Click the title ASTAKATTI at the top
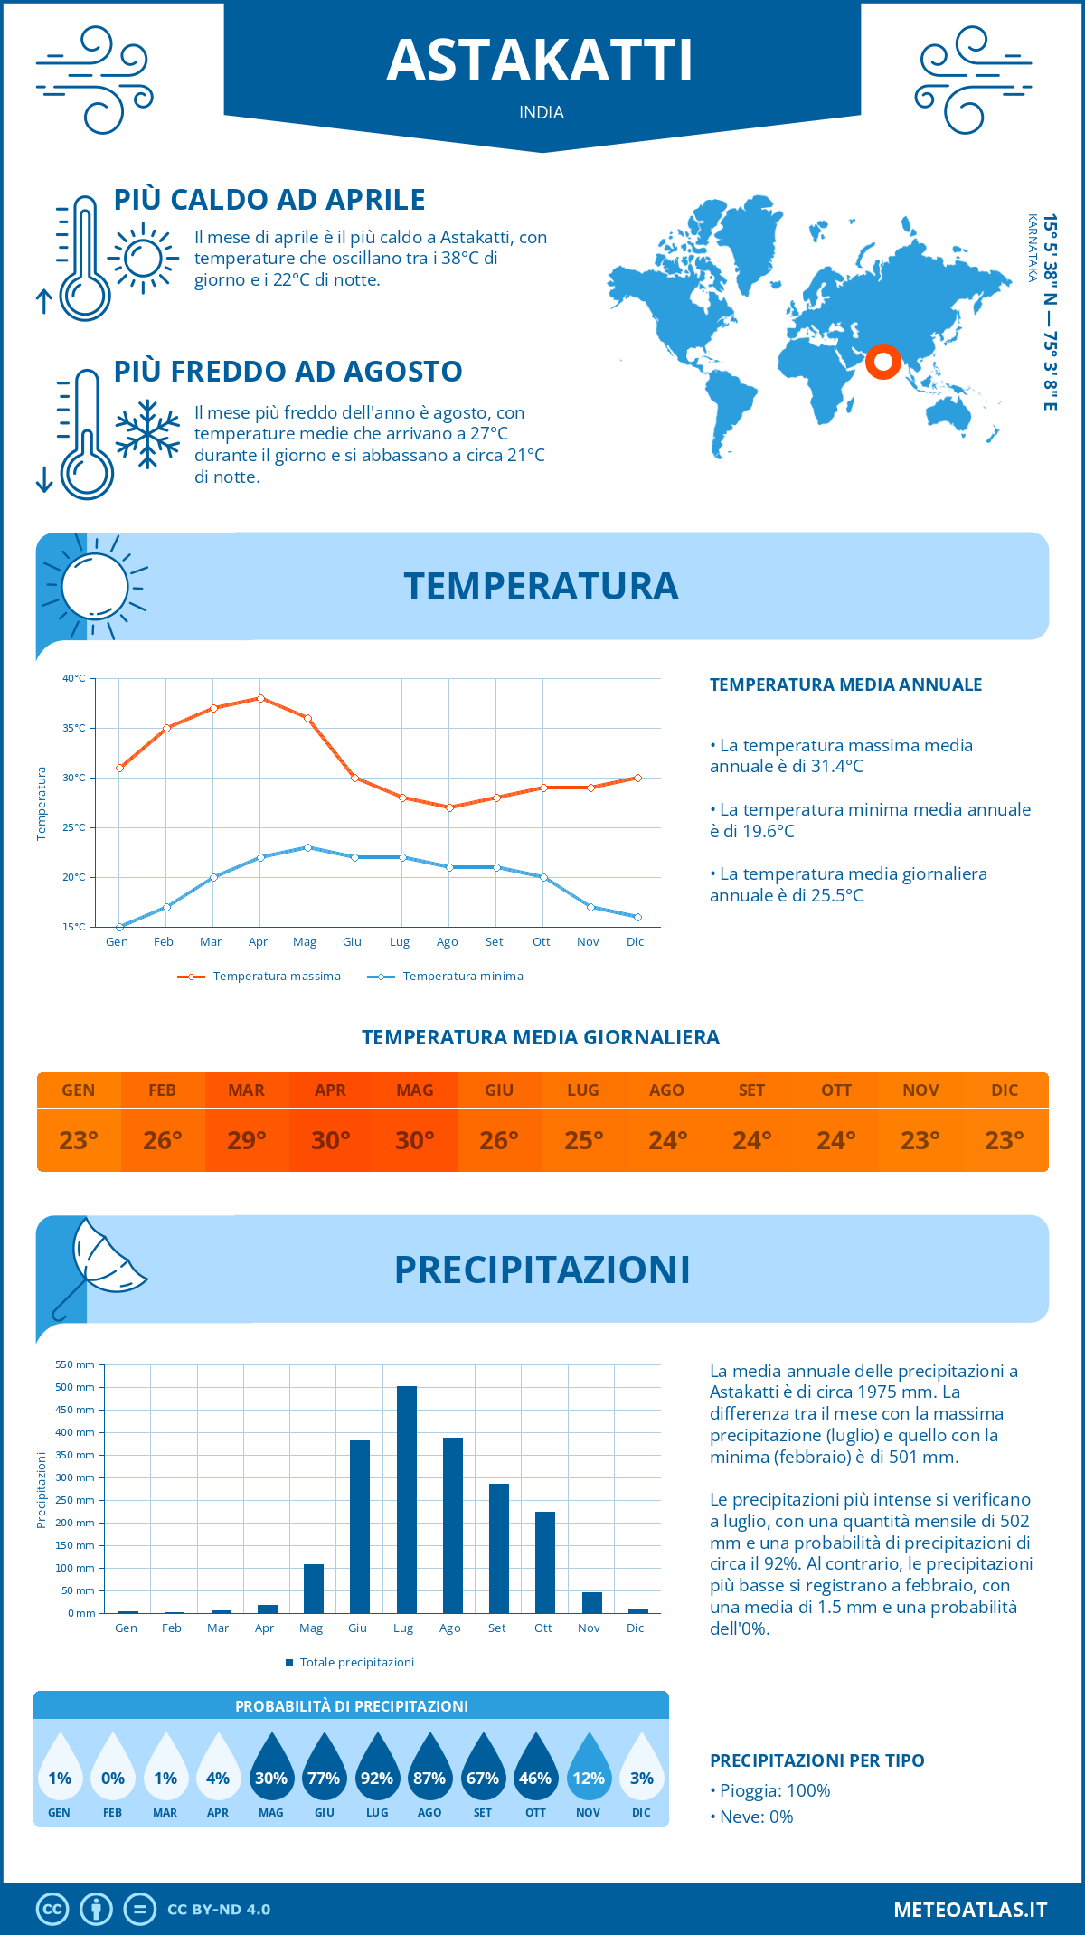point(540,61)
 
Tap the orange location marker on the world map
point(882,362)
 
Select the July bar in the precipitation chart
point(407,1499)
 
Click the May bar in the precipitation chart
point(314,1588)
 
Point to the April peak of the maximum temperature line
point(260,698)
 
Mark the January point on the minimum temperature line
point(119,927)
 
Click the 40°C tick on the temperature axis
point(74,678)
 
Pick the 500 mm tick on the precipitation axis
point(75,1387)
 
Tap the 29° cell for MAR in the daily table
point(247,1140)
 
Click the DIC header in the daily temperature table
point(1005,1090)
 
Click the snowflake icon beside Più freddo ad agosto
point(147,434)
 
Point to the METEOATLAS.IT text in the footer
point(970,1910)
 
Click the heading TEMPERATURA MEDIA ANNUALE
point(845,684)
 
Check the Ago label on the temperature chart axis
point(448,942)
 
